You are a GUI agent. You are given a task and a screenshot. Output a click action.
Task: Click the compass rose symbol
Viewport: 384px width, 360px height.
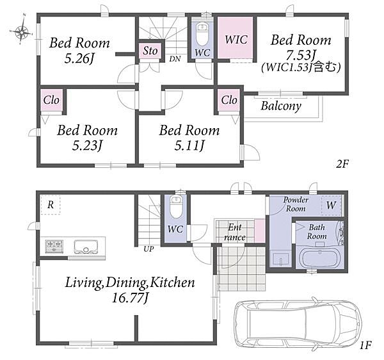(x=22, y=31)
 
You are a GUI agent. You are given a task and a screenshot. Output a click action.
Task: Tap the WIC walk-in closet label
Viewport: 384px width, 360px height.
(x=236, y=40)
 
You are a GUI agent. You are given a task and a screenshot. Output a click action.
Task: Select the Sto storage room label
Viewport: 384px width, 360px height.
(x=150, y=51)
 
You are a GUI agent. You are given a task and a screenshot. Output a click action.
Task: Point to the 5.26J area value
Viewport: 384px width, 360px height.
(x=79, y=59)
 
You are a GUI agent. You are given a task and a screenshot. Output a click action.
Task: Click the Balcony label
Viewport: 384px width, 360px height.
(x=281, y=106)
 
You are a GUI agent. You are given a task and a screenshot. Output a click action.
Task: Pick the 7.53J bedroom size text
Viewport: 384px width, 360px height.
(x=301, y=55)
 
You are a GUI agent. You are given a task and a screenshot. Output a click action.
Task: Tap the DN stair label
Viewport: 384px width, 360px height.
(x=175, y=59)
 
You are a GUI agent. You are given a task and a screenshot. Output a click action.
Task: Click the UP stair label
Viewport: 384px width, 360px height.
(x=148, y=249)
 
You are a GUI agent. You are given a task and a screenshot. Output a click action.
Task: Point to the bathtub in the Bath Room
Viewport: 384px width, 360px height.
(x=319, y=259)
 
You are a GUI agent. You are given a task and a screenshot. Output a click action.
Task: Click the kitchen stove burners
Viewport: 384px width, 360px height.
(x=54, y=246)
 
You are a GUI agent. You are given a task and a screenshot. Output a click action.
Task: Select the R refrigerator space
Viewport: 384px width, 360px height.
(x=51, y=205)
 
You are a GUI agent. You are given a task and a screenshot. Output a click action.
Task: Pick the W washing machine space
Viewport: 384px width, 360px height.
(x=331, y=206)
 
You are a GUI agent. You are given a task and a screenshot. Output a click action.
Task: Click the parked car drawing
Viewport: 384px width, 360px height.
(x=298, y=323)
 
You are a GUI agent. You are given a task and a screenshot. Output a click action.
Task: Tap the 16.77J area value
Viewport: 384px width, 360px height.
(x=130, y=299)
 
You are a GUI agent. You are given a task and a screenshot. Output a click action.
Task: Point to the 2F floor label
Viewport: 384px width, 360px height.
(x=342, y=164)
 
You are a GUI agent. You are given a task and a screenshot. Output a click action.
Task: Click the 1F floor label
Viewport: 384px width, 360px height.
(x=365, y=345)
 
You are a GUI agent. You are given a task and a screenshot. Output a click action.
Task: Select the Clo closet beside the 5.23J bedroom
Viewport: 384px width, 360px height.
(x=51, y=100)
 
